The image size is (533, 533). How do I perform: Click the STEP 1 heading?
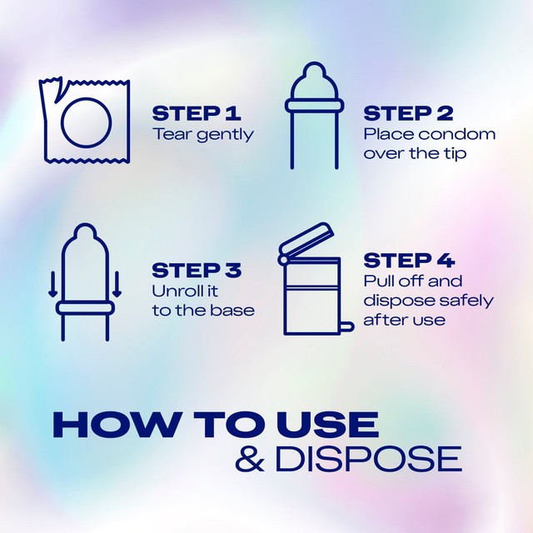(197, 113)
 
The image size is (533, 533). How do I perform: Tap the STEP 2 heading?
(408, 113)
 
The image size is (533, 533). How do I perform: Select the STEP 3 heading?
(197, 271)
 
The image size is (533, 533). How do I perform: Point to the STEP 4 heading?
(409, 261)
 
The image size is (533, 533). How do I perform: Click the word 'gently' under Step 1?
(226, 135)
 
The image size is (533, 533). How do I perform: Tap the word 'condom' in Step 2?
(457, 134)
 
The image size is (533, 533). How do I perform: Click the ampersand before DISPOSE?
(250, 459)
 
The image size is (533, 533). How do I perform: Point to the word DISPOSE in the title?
(369, 459)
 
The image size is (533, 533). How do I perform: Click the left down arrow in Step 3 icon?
(52, 284)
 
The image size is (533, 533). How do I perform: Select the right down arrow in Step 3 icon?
(117, 284)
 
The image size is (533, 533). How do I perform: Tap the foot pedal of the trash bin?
(346, 326)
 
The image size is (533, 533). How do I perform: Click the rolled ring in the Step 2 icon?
(314, 106)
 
